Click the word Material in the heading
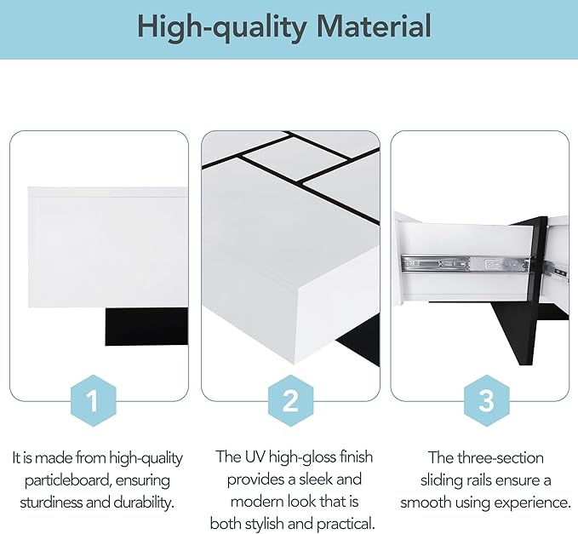(x=374, y=26)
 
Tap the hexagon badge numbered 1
(x=94, y=401)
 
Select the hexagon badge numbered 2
(x=290, y=401)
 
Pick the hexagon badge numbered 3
(x=487, y=401)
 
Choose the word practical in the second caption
(x=346, y=525)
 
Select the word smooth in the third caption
(x=426, y=502)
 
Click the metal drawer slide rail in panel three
(x=465, y=264)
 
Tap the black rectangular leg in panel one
(x=146, y=327)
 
